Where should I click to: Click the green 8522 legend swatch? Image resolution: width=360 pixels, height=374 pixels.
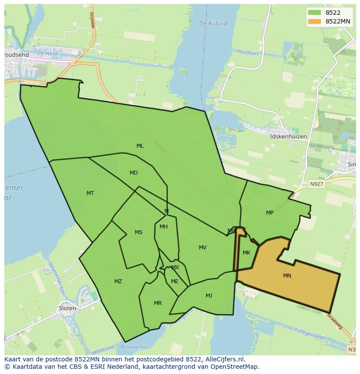click(x=314, y=13)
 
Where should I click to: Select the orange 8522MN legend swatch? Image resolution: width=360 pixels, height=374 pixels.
click(x=314, y=21)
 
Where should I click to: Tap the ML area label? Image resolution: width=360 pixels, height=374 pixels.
click(x=140, y=146)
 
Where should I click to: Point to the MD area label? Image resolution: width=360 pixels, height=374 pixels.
click(x=133, y=173)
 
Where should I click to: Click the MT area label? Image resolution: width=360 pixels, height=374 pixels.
click(x=90, y=193)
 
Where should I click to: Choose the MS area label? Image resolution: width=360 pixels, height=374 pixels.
click(x=138, y=232)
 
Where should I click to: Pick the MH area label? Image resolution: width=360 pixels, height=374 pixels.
click(x=163, y=227)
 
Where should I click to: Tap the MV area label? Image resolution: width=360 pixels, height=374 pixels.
click(x=203, y=248)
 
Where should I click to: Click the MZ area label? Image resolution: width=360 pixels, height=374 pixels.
click(x=118, y=281)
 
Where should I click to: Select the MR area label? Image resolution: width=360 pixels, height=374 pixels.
click(x=158, y=303)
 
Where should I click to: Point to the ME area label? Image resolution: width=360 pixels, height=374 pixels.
click(x=175, y=281)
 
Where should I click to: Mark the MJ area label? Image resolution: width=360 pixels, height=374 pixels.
click(x=209, y=296)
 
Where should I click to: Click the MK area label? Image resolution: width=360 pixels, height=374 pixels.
click(x=247, y=253)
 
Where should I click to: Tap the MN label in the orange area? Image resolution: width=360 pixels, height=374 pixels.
click(x=287, y=276)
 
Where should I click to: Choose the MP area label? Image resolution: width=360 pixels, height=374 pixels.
click(x=270, y=213)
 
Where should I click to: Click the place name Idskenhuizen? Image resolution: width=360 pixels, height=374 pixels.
click(x=288, y=136)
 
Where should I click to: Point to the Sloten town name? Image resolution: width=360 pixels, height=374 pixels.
click(x=67, y=308)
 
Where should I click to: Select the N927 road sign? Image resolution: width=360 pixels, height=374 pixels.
click(x=317, y=184)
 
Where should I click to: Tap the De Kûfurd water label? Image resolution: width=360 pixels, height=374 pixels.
click(x=213, y=23)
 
